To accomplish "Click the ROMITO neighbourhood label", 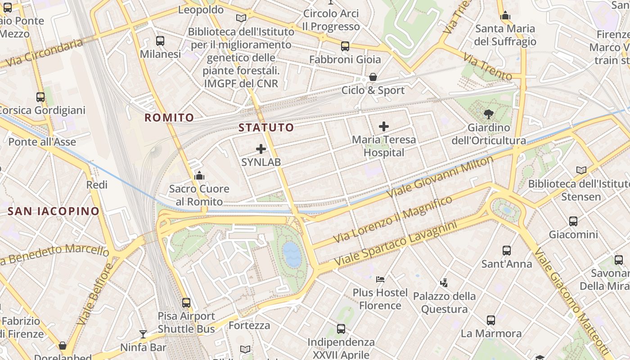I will coord(169,118).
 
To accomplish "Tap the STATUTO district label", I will coord(266,127).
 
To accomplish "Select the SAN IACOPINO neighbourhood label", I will coord(54,211).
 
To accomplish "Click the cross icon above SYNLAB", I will coord(261,149).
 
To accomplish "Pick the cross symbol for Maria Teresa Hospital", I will coord(384,126).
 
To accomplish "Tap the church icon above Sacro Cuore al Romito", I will coord(199,175).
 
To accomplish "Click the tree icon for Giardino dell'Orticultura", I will coord(488,114).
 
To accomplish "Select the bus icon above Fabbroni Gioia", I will coord(345,46).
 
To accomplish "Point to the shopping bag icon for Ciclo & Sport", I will coord(373,77).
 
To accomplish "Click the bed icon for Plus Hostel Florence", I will coord(380,279).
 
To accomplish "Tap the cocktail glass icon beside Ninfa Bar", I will coord(143,334).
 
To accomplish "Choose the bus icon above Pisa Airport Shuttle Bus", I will coord(186,303).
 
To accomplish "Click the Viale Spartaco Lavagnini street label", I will coord(396,243).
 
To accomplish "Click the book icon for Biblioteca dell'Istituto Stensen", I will coord(581,170).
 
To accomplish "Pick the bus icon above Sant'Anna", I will coord(507,250).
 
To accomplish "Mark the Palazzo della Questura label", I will coord(445,303).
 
